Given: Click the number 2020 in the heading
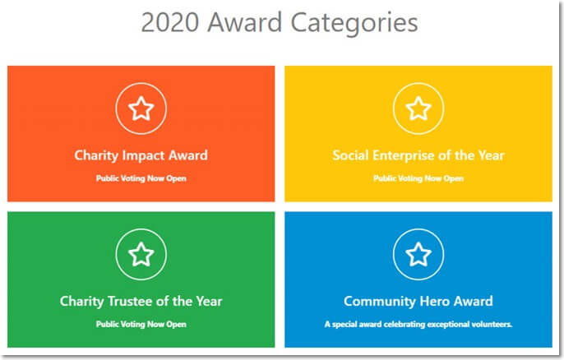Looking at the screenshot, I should point(169,22).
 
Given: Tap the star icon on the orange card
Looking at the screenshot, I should point(141,108).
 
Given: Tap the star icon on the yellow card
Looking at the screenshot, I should point(418,108).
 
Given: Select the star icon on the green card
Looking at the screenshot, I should point(141,255).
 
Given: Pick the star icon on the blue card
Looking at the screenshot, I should point(418,255).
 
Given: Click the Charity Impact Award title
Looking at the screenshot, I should point(141,155).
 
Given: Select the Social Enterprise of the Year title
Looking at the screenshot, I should point(418,155).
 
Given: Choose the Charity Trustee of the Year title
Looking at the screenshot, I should point(141,301).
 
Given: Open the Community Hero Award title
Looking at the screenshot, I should point(418,301).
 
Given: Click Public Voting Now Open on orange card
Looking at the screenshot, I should point(141,178).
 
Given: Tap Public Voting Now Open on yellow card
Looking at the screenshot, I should point(418,178).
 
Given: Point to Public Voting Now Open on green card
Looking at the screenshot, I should point(141,324).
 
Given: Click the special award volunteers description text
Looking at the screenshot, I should point(418,324).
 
